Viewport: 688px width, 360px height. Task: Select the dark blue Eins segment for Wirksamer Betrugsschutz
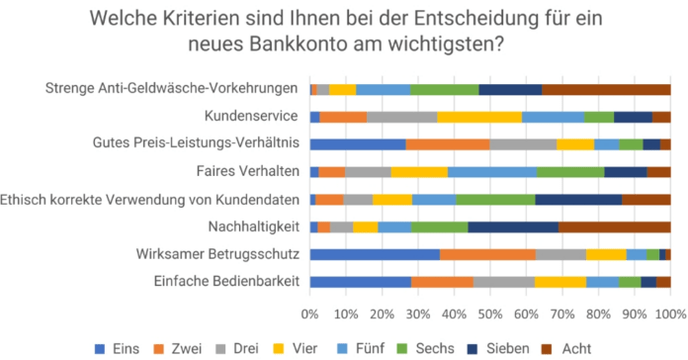375,254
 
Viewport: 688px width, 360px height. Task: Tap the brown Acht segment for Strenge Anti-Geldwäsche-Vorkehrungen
606,90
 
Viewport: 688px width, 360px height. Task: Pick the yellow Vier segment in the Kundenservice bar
479,118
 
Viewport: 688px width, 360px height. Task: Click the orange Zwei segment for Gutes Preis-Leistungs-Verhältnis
448,144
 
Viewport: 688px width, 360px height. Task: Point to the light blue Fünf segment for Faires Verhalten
492,172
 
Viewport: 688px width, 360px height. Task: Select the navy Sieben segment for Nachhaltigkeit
513,226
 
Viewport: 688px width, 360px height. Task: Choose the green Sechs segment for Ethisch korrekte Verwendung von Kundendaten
495,200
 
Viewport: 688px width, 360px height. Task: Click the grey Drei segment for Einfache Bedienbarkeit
504,282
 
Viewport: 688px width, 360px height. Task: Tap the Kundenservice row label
251,116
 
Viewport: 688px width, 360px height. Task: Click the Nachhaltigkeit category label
254,226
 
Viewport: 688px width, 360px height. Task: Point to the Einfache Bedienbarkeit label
226,281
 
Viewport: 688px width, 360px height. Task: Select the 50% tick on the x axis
490,315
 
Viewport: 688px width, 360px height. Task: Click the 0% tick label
309,315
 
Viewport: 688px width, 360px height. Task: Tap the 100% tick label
671,315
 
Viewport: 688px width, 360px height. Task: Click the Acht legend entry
566,348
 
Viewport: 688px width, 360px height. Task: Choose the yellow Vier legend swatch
279,349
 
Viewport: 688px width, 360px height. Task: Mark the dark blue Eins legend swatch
100,349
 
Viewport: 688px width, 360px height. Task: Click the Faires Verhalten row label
248,171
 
